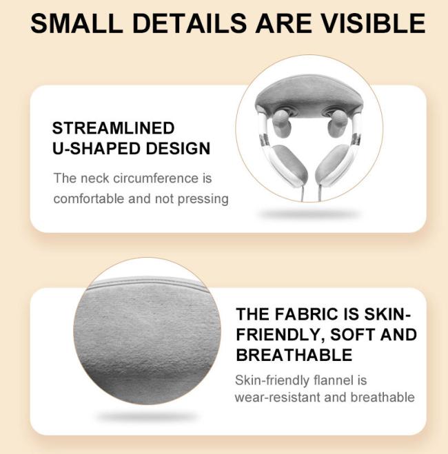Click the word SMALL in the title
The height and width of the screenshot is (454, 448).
pyautogui.click(x=77, y=23)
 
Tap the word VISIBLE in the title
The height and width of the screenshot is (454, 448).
pyautogui.click(x=374, y=23)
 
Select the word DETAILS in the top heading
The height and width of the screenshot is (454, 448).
pyautogui.click(x=190, y=23)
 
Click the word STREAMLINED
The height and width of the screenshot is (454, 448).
pyautogui.click(x=113, y=128)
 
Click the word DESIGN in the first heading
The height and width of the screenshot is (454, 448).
pyautogui.click(x=178, y=149)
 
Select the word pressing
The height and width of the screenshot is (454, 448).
pyautogui.click(x=203, y=200)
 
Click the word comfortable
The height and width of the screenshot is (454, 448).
pyautogui.click(x=89, y=199)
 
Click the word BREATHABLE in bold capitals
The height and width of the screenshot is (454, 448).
pyautogui.click(x=294, y=355)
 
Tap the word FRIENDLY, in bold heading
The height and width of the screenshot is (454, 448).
pyautogui.click(x=281, y=336)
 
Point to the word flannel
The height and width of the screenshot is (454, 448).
pyautogui.click(x=328, y=380)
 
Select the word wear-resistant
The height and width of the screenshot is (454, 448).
pyautogui.click(x=277, y=398)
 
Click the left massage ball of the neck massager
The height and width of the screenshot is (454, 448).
pyautogui.click(x=280, y=124)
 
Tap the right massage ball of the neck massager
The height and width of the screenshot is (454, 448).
pyautogui.click(x=337, y=124)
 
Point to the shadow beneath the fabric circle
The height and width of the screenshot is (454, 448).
pyautogui.click(x=147, y=416)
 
